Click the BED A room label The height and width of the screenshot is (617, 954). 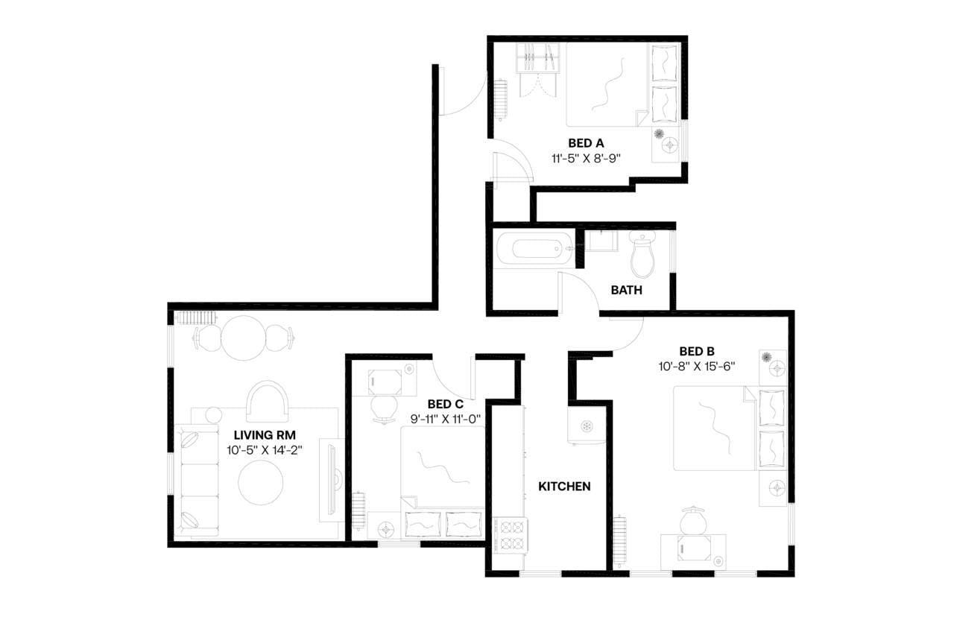click(585, 143)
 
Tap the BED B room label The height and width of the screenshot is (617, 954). click(697, 351)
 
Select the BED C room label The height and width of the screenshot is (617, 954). click(446, 404)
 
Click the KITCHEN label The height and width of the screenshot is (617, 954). click(564, 487)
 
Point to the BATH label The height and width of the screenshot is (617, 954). click(626, 290)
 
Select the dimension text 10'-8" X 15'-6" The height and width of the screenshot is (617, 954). click(697, 366)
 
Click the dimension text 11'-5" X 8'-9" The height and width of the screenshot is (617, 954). click(586, 158)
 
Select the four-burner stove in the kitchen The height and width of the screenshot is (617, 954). click(512, 535)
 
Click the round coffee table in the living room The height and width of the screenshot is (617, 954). click(261, 482)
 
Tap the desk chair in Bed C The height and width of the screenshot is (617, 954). click(385, 408)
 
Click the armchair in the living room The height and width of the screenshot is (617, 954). click(266, 401)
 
